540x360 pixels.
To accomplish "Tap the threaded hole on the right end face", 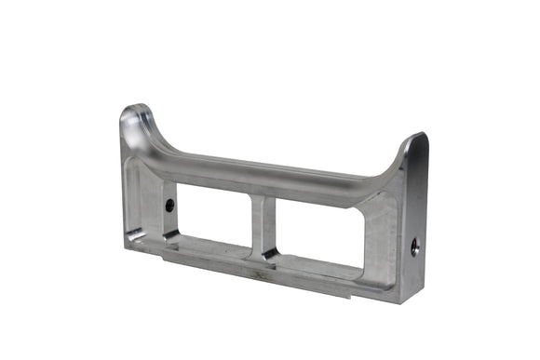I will coord(414,247).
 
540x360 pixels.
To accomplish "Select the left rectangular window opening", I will coord(213,214).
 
